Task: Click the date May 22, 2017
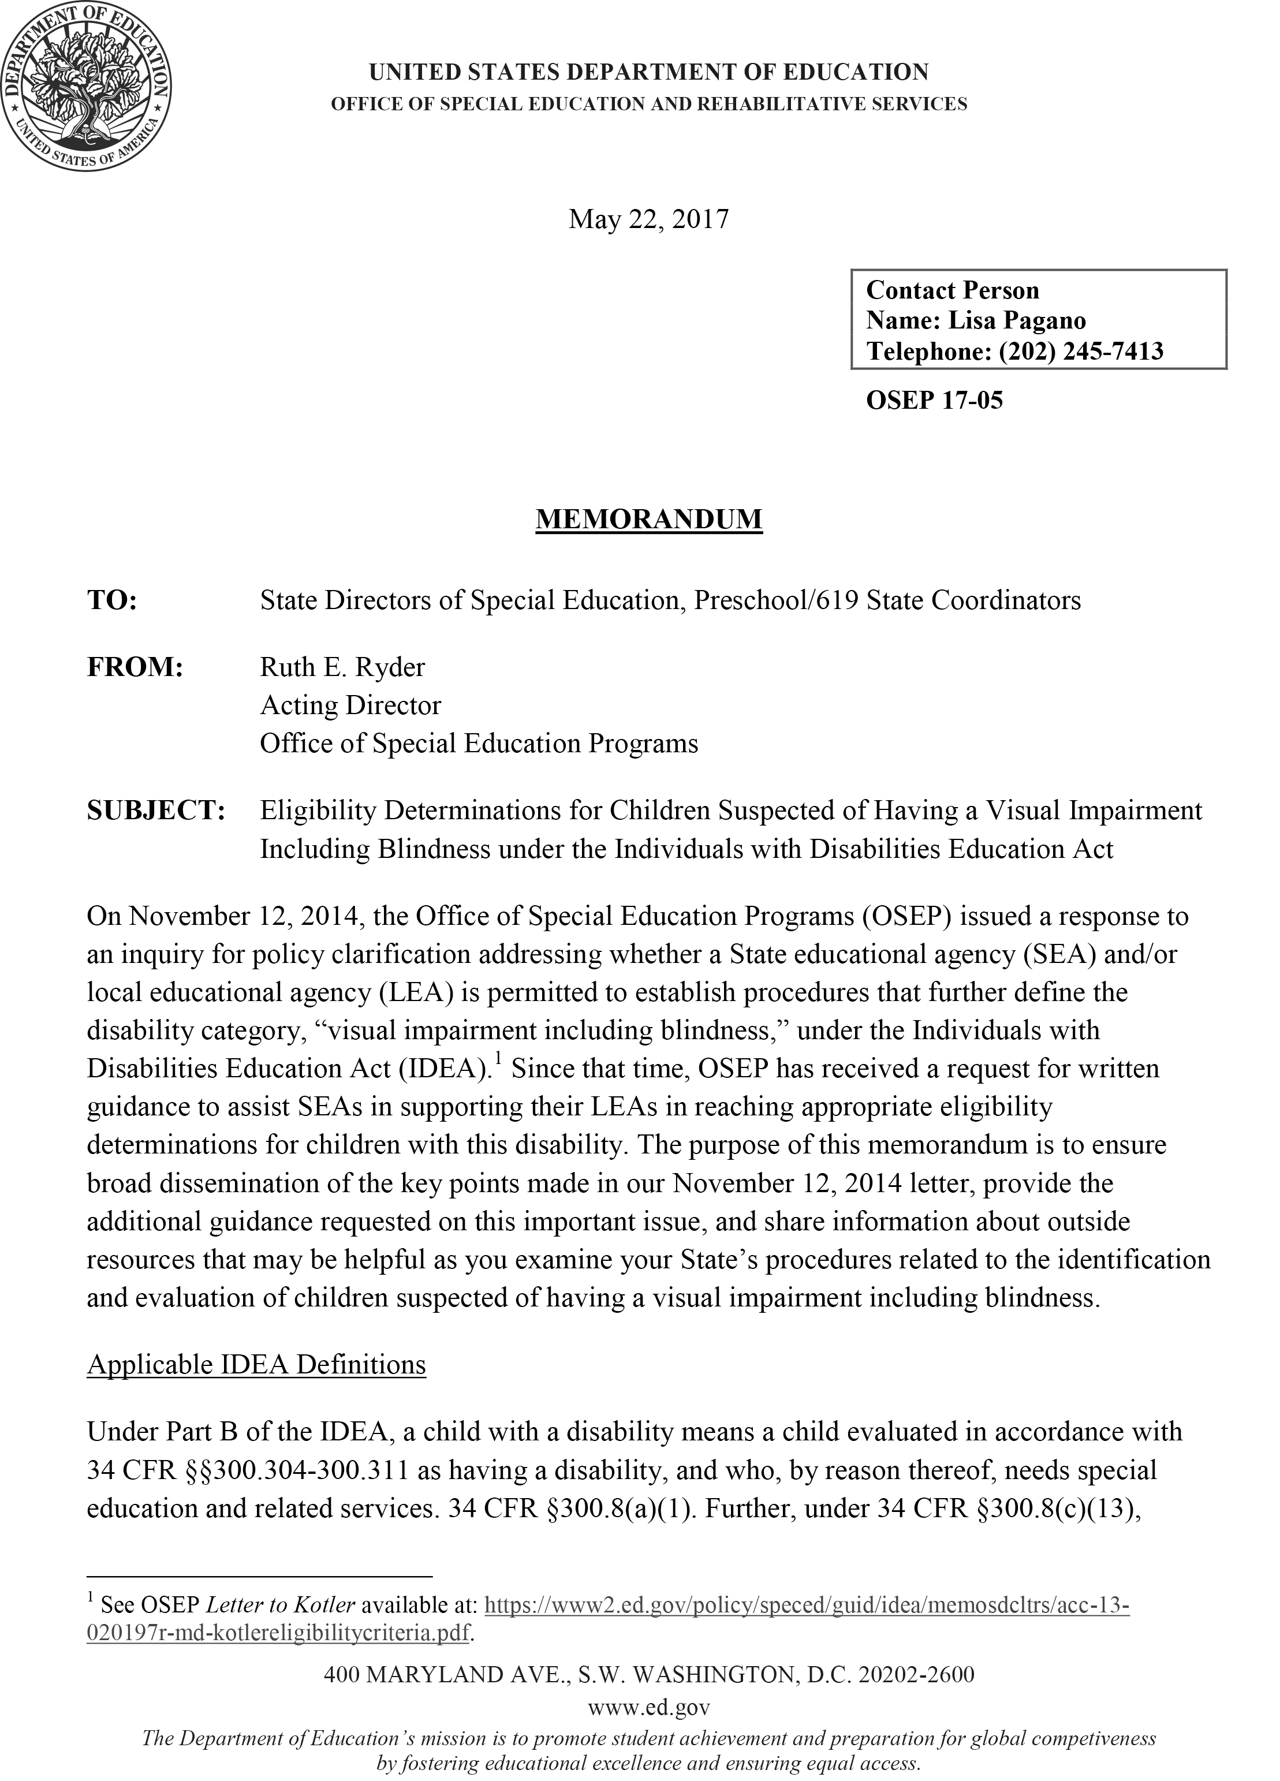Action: tap(648, 219)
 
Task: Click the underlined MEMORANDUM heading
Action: tap(648, 519)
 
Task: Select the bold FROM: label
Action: tap(135, 667)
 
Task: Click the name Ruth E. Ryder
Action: tap(342, 667)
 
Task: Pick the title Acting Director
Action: tap(350, 705)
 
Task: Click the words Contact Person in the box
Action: tap(951, 290)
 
